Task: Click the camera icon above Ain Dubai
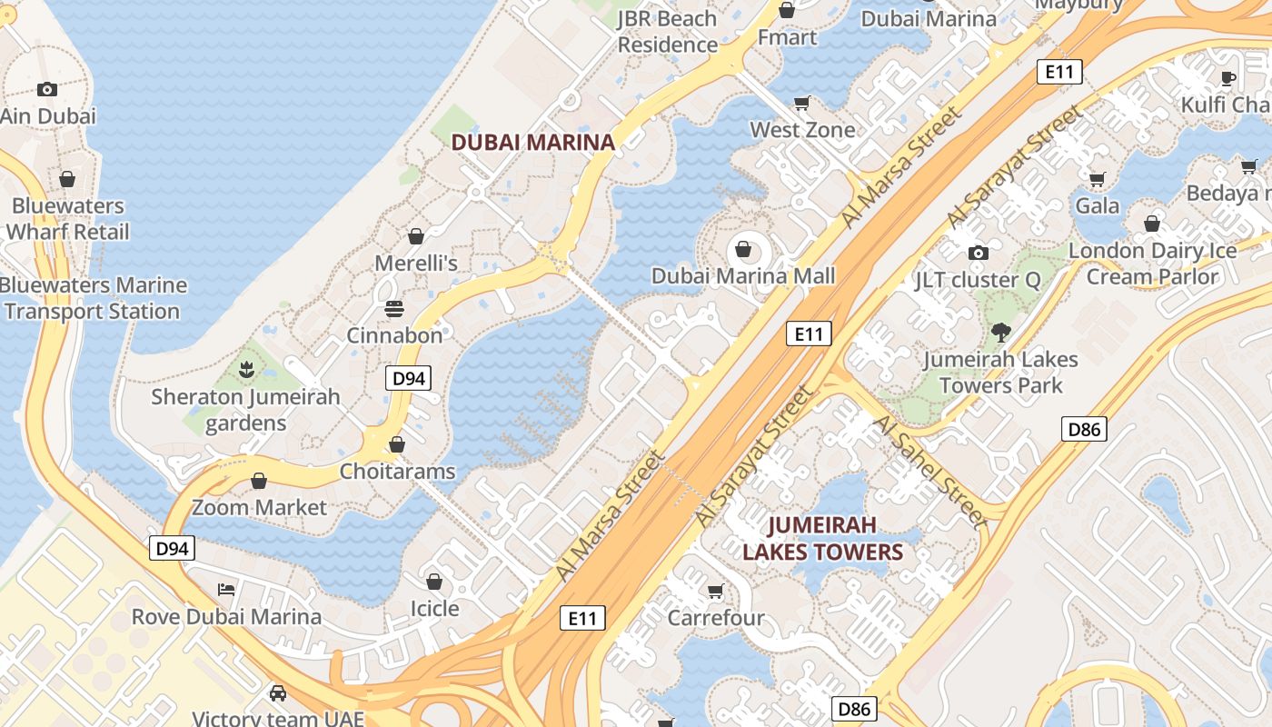[47, 89]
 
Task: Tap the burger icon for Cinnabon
[394, 309]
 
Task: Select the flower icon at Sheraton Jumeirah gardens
[245, 370]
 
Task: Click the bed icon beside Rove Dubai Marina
[226, 590]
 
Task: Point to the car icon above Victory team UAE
[278, 693]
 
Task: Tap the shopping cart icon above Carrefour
[716, 592]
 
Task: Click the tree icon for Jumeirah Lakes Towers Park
[1001, 333]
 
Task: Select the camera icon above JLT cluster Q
[979, 253]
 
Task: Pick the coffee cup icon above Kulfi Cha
[1228, 78]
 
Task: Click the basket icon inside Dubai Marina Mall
[743, 249]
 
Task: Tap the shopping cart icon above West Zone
[802, 104]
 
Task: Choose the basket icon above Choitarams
[397, 444]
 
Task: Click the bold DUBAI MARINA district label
[533, 143]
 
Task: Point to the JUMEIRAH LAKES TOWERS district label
[823, 538]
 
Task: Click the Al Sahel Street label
[929, 472]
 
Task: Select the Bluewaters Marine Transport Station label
[93, 298]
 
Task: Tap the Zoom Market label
[259, 507]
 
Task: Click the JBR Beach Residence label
[668, 31]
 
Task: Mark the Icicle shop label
[434, 608]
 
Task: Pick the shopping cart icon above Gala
[1098, 179]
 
